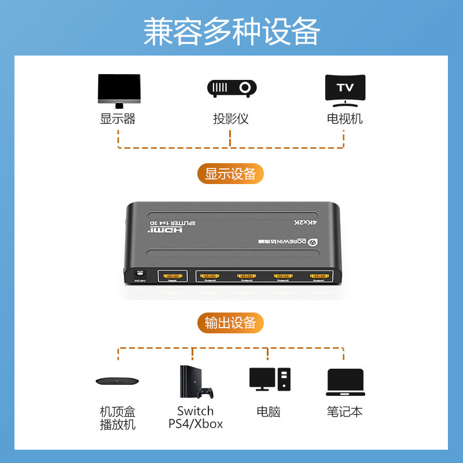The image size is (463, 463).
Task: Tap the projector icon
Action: pos(231,88)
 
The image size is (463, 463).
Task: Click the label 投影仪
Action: pos(231,119)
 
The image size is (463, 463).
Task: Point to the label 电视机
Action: pos(345,119)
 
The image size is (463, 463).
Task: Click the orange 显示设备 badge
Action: pos(230,174)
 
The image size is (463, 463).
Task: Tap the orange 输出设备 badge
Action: pos(230,323)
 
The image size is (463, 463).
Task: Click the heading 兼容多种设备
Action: pos(231,31)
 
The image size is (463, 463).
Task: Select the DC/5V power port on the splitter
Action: pos(139,274)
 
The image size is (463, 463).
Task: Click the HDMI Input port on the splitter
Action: pos(171,277)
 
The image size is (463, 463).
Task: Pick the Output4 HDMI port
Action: pos(209,277)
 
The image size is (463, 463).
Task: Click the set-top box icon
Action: pos(118,381)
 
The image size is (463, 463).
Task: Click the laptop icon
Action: pos(345,383)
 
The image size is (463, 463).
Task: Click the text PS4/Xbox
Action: pos(196,424)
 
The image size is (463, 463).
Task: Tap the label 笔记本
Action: pos(345,412)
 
